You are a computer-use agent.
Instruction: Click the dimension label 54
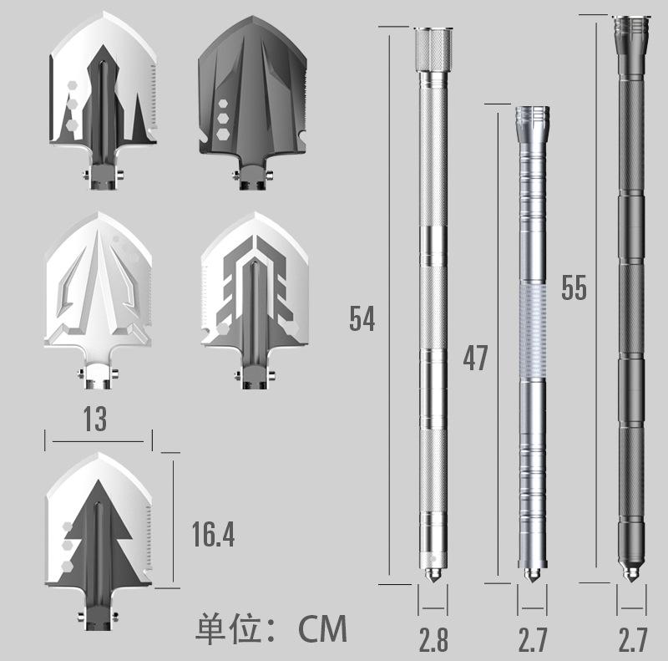[x=362, y=318]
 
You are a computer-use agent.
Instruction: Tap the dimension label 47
[x=475, y=358]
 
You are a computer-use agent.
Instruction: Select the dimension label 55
[x=574, y=287]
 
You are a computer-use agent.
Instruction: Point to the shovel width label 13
[x=95, y=419]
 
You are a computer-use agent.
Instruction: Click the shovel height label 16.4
[x=213, y=534]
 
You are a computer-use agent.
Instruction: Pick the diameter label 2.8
[x=433, y=639]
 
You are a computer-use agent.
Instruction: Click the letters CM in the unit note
[x=322, y=629]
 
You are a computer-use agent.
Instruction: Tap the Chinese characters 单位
[x=228, y=628]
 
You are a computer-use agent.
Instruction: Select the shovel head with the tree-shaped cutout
[x=99, y=541]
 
